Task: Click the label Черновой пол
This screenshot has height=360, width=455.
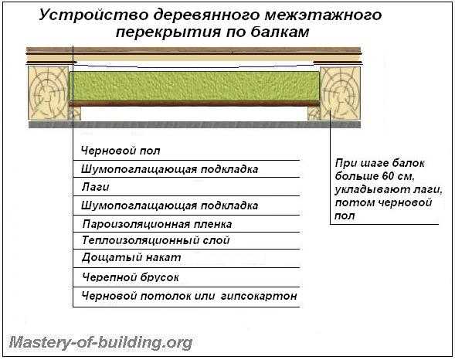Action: click(x=121, y=151)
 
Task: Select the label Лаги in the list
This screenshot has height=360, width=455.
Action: click(x=96, y=187)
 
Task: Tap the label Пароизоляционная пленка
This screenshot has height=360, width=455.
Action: click(x=157, y=224)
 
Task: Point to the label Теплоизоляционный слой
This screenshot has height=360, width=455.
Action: click(x=155, y=240)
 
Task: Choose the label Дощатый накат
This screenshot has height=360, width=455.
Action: click(x=131, y=257)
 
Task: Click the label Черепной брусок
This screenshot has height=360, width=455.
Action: click(x=131, y=277)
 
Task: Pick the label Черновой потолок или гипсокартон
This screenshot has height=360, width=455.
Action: click(x=189, y=296)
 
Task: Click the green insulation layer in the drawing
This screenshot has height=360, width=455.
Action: click(x=195, y=87)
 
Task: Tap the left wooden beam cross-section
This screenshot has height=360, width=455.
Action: click(x=49, y=93)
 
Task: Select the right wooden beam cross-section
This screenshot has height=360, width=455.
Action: click(x=340, y=93)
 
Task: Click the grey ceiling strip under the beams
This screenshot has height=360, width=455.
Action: click(x=195, y=124)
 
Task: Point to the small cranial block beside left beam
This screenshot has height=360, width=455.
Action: click(x=75, y=113)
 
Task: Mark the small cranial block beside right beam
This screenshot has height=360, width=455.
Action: click(x=314, y=113)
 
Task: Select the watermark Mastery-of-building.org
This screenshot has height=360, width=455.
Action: click(x=100, y=342)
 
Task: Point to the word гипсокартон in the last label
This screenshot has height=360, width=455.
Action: click(x=259, y=296)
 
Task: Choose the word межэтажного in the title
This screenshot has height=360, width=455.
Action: click(x=323, y=15)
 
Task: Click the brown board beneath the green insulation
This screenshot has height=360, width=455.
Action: click(x=195, y=104)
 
